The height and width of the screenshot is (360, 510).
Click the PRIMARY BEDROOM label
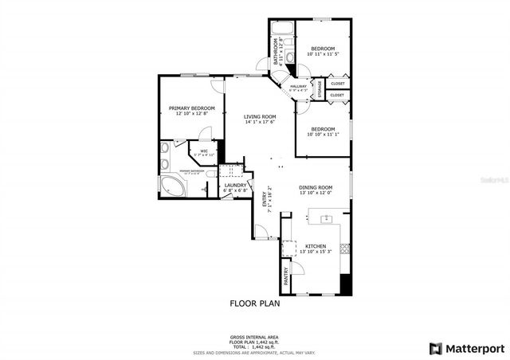tap(192, 107)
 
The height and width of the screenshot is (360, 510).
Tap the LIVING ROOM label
tap(260, 116)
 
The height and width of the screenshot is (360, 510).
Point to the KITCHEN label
tap(316, 247)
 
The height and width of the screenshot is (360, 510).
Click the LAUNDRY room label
tap(235, 186)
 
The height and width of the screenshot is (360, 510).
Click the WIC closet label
tap(204, 151)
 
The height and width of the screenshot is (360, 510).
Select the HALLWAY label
tap(299, 86)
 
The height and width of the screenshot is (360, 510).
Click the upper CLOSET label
tap(338, 83)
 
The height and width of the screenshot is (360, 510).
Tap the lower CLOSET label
tap(338, 96)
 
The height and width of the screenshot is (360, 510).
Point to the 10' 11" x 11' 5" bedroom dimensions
tap(325, 54)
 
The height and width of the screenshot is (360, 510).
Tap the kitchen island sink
tap(326, 217)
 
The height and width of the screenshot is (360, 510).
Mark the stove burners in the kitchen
tap(345, 246)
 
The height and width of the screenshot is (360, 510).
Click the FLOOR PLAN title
tap(255, 303)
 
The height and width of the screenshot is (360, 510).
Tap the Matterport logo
tap(467, 347)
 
